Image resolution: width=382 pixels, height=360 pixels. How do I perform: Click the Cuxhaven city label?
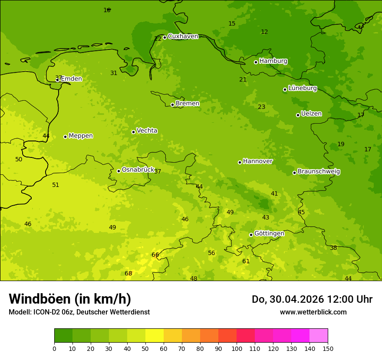coord(183,36)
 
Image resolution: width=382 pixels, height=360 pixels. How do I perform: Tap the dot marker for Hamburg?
coord(256,62)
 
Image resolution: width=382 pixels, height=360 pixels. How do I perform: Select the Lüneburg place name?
coord(303,88)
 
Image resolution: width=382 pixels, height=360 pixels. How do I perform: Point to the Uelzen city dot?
coord(298,115)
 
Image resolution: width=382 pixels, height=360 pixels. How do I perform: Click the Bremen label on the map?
coord(188,104)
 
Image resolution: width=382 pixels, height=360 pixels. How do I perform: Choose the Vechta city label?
coord(147,131)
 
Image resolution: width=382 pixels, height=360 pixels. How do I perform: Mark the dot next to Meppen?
coord(65,137)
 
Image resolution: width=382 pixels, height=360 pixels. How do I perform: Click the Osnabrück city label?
coord(138,170)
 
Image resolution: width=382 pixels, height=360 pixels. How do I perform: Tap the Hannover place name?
coord(258,161)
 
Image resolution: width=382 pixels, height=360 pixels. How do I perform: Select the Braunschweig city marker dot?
coord(294,173)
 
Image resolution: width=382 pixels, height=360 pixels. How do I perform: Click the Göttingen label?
coord(269,233)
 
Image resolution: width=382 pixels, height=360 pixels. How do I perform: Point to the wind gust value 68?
coord(128,273)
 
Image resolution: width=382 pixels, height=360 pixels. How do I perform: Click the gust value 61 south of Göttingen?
coord(246,261)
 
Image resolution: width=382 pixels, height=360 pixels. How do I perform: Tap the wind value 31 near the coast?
coord(114,73)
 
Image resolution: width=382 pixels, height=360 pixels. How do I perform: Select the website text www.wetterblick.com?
coord(313,312)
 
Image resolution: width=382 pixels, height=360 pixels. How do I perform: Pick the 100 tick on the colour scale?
coord(237,348)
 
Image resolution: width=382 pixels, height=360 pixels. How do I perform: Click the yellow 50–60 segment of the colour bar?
coord(155,336)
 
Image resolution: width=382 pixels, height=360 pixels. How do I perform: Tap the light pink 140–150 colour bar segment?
coord(319,336)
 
